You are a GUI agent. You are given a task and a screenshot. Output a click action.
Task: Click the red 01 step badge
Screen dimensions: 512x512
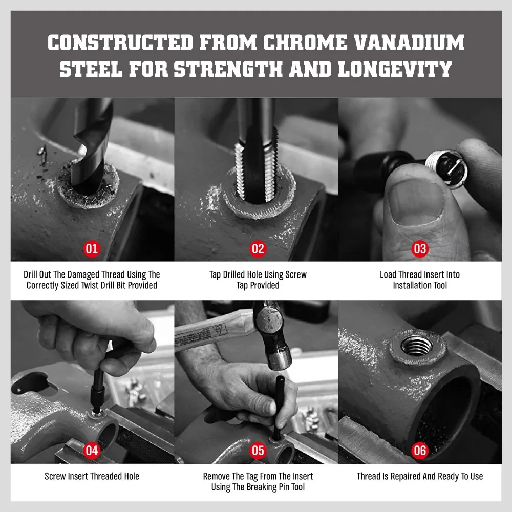click(92, 249)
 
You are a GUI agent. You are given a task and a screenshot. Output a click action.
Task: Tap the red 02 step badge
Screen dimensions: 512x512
click(258, 249)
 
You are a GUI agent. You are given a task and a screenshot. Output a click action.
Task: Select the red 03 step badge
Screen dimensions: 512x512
click(420, 249)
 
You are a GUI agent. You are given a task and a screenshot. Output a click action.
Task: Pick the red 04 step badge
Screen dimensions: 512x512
click(92, 451)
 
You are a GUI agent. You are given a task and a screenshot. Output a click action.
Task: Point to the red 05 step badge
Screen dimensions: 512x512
click(258, 451)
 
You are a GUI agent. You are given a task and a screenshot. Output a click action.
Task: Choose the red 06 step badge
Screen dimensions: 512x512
click(420, 451)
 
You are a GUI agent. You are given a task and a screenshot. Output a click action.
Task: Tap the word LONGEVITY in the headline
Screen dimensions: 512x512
click(395, 69)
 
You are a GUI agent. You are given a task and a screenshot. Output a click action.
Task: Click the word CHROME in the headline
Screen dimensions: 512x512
click(305, 42)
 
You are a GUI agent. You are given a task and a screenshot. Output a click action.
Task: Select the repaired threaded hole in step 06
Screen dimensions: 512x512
click(416, 346)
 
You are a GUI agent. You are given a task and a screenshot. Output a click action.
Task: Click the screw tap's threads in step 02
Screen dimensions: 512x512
click(257, 166)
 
